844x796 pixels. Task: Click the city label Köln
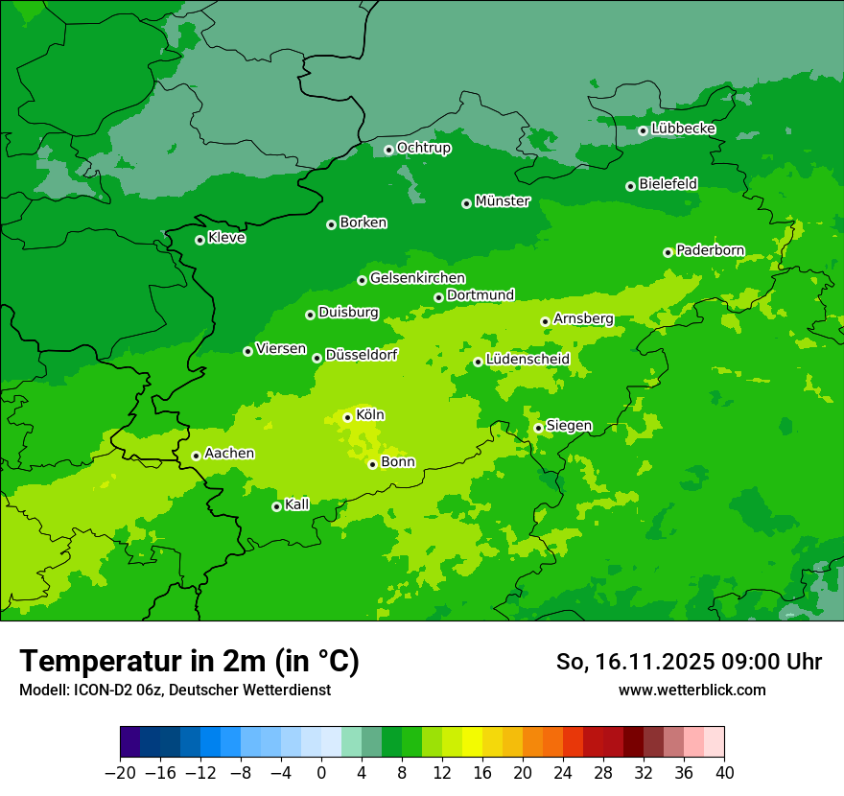coord(370,415)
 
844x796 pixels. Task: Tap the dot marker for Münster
coord(466,203)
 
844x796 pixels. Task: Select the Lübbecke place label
coord(683,129)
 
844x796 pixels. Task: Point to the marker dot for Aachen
coord(196,456)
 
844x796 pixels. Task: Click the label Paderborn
coord(710,250)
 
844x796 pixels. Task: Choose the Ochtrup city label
coord(423,148)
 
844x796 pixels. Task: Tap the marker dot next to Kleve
coord(199,240)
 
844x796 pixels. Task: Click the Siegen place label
coord(569,426)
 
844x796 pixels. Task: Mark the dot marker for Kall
coord(276,506)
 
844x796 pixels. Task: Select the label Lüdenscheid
coord(527,360)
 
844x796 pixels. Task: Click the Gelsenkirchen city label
coord(417,278)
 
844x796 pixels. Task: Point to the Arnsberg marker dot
coord(545,321)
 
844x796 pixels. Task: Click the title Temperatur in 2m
coord(189,662)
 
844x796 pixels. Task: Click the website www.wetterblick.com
coord(692,690)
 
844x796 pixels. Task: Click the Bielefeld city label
coord(668,183)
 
